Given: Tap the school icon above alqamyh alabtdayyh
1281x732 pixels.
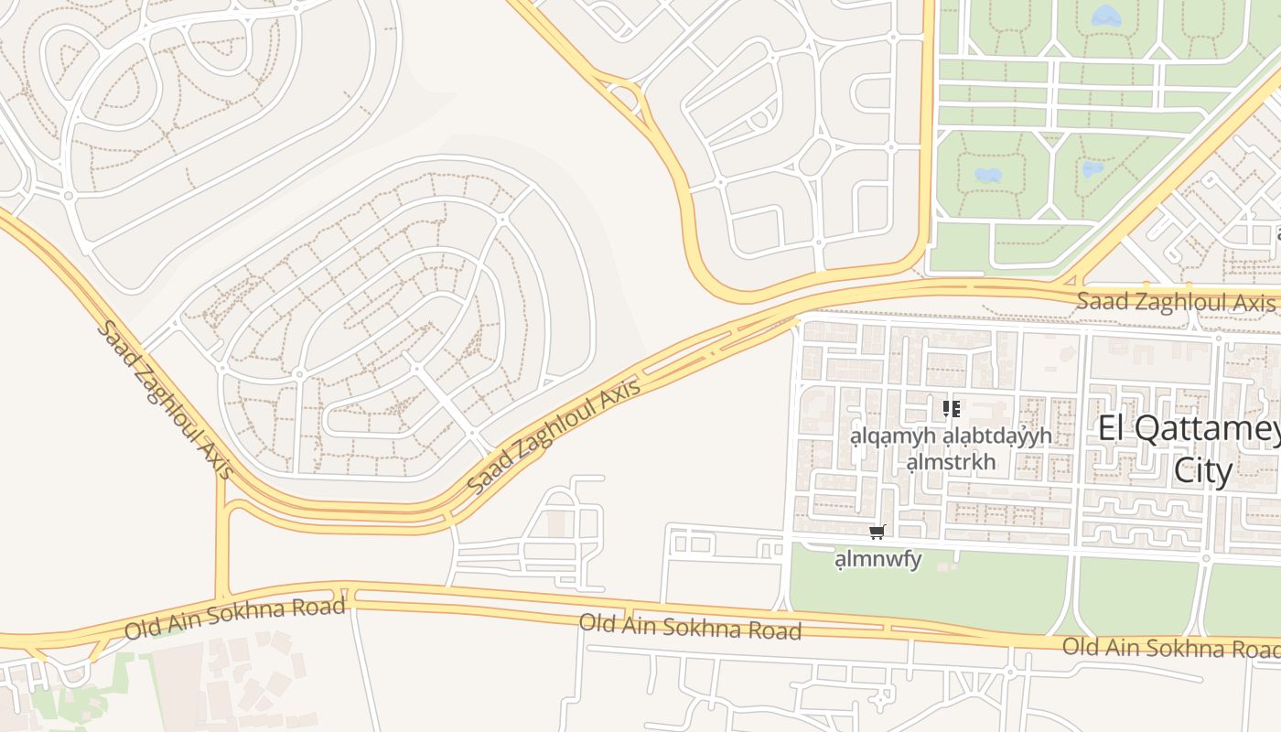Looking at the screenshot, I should click(x=951, y=408).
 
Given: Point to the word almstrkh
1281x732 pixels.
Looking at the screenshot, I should click(x=951, y=461).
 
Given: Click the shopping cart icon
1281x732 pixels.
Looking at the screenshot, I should click(x=877, y=532).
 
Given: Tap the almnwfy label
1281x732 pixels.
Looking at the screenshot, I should click(x=878, y=558).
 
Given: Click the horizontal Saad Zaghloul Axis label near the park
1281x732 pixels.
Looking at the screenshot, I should click(x=1175, y=300).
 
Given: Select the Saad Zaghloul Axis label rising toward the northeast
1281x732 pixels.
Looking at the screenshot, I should click(x=554, y=437).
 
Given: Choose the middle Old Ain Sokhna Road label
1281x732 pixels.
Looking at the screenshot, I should click(x=690, y=627).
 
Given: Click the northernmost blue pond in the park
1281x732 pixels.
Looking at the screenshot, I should click(x=1106, y=15).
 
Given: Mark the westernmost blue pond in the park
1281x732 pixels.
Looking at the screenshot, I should click(x=988, y=174).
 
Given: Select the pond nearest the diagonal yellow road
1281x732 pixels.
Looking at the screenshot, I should click(x=1093, y=168).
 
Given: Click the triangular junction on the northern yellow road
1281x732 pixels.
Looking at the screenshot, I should click(x=625, y=94).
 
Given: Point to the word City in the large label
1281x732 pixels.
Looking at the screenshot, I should click(x=1203, y=470).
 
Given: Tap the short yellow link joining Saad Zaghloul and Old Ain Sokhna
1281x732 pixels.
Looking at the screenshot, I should click(x=221, y=540).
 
